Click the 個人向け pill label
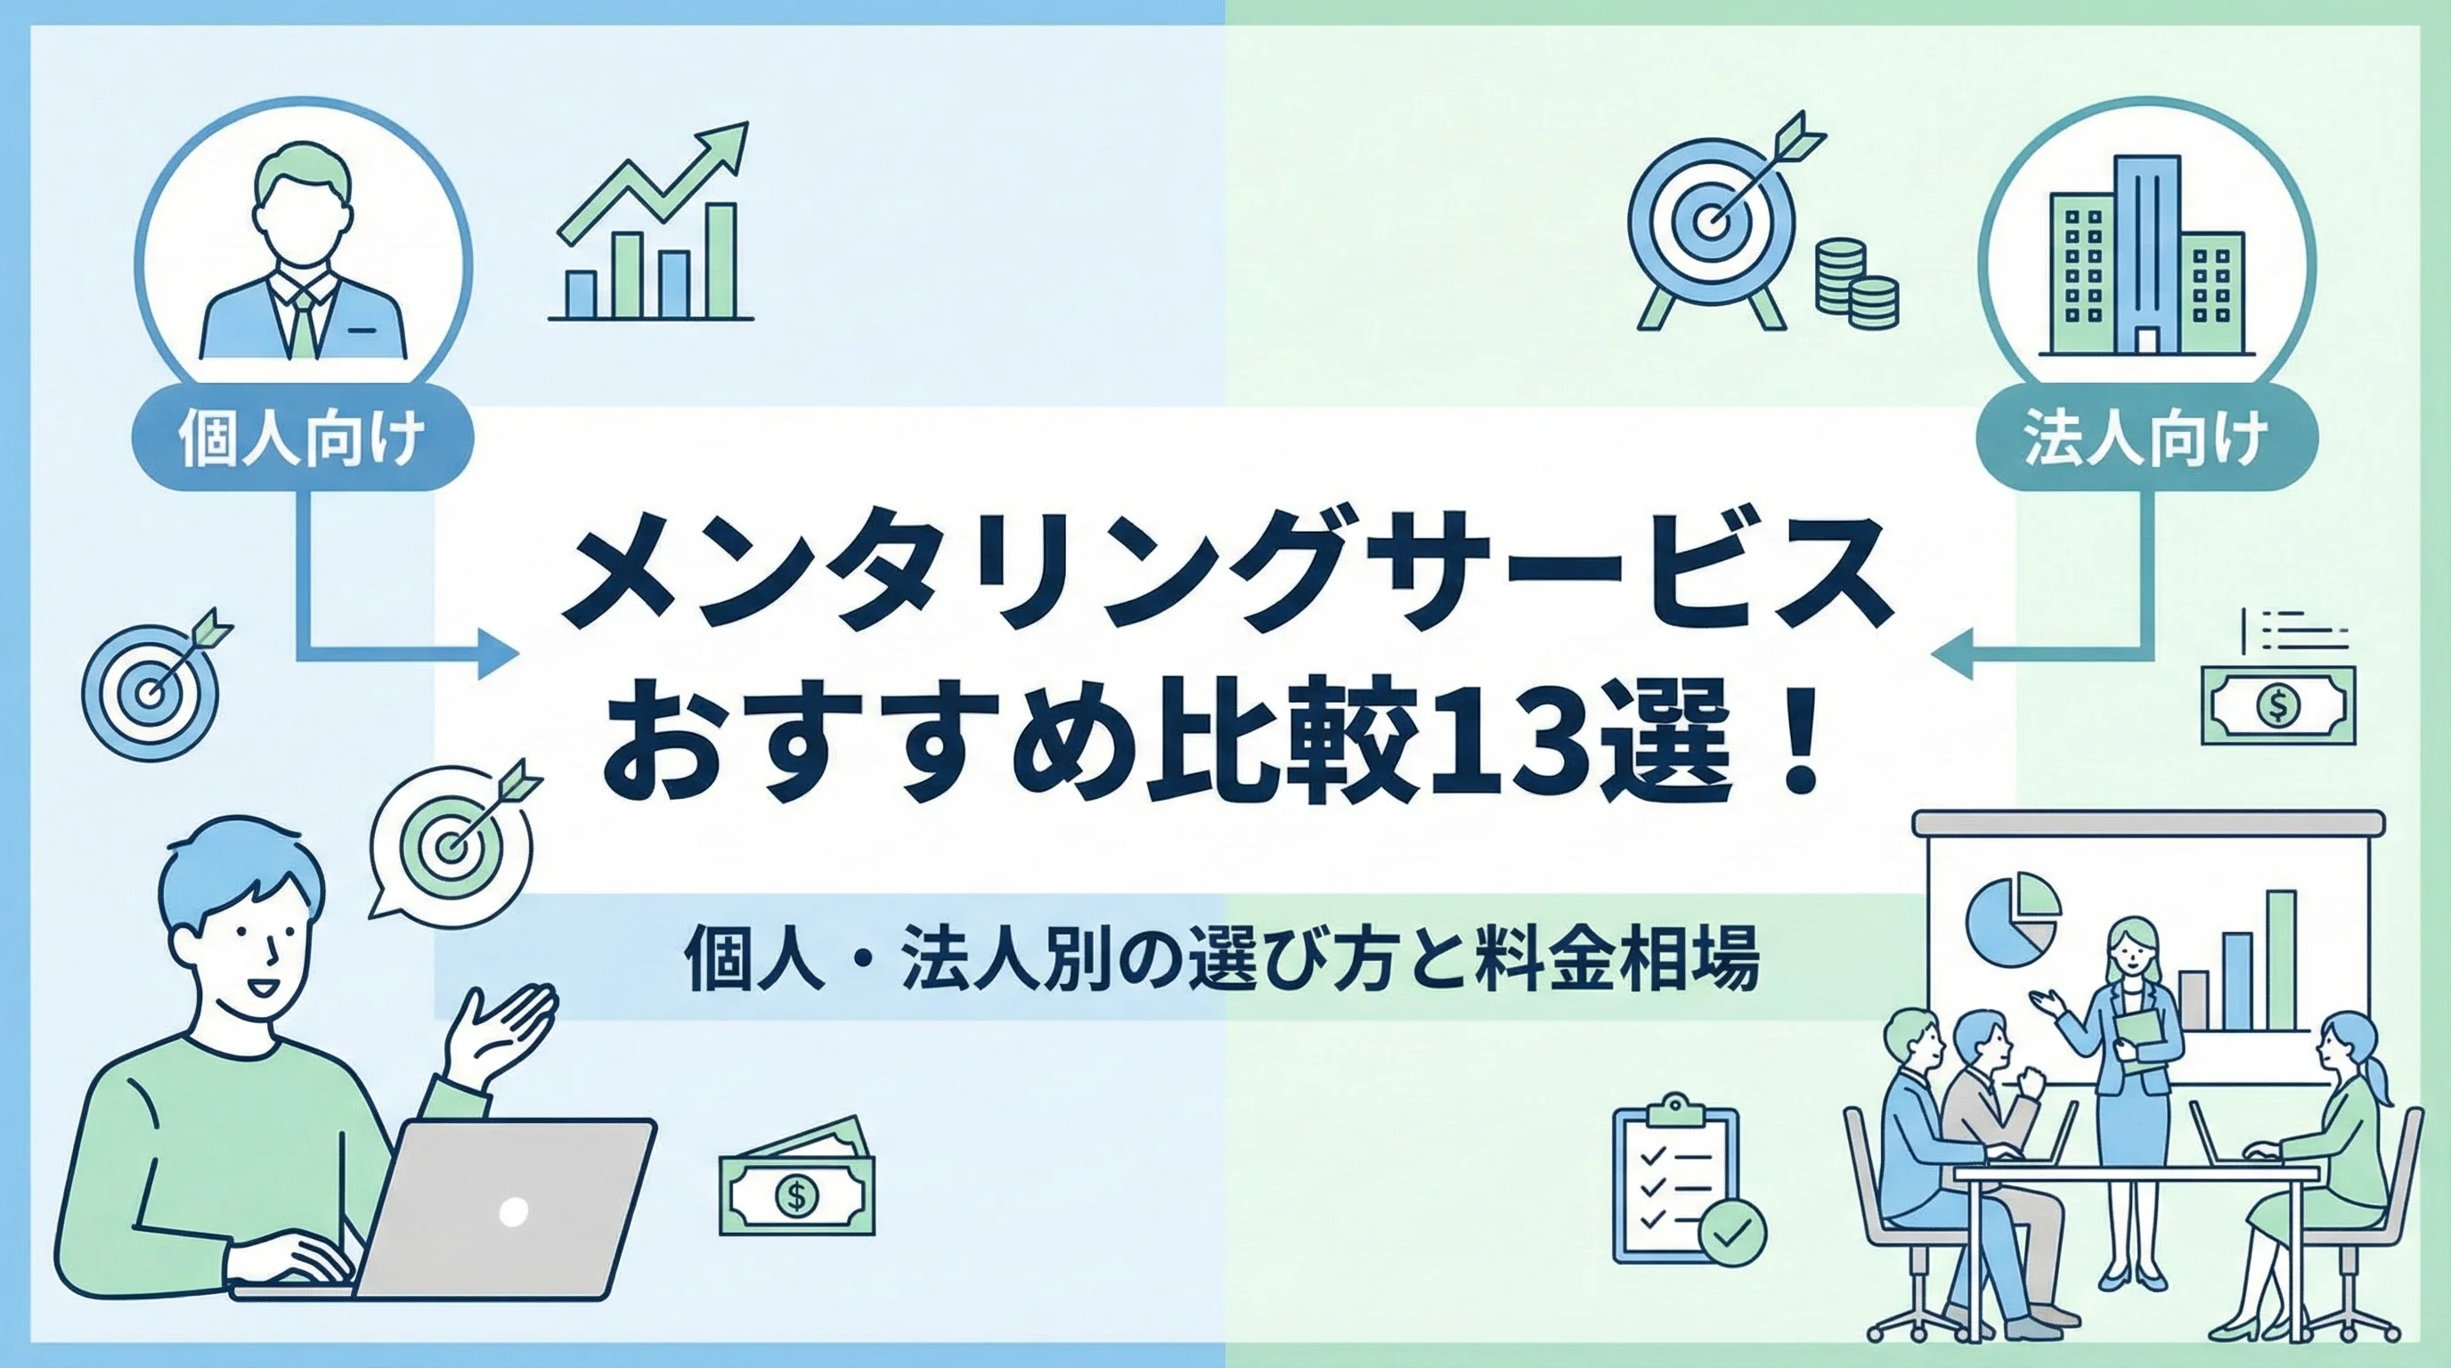point(303,439)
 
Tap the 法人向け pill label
point(2148,439)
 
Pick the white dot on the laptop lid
point(513,1211)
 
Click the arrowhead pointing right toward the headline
point(498,655)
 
